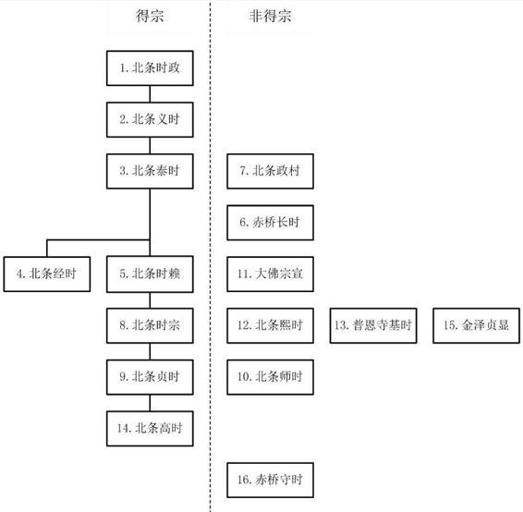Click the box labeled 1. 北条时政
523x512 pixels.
pyautogui.click(x=150, y=68)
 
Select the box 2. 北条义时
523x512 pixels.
pyautogui.click(x=150, y=119)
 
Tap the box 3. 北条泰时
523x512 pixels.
pyautogui.click(x=150, y=171)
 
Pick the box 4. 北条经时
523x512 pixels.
pyautogui.click(x=47, y=274)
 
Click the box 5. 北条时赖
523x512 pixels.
pyautogui.click(x=150, y=274)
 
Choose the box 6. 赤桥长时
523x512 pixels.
pyautogui.click(x=270, y=223)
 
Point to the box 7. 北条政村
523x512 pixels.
pyautogui.click(x=270, y=171)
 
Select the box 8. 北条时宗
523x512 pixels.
pyautogui.click(x=150, y=325)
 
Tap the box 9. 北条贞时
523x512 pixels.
pyautogui.click(x=150, y=377)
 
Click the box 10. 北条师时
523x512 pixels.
pyautogui.click(x=270, y=377)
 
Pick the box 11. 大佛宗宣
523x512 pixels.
pyautogui.click(x=270, y=274)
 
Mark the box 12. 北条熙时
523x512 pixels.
pyautogui.click(x=270, y=325)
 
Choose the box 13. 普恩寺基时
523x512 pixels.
pyautogui.click(x=373, y=325)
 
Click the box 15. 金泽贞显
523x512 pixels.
pyautogui.click(x=476, y=325)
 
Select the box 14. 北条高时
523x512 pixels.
pyautogui.click(x=150, y=429)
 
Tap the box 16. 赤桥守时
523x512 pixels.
pyautogui.click(x=270, y=480)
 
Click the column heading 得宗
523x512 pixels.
pyautogui.click(x=150, y=16)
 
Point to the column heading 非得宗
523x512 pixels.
pyautogui.click(x=270, y=16)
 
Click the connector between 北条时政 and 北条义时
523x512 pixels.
pyautogui.click(x=150, y=94)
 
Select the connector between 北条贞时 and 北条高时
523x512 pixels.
pyautogui.click(x=150, y=403)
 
